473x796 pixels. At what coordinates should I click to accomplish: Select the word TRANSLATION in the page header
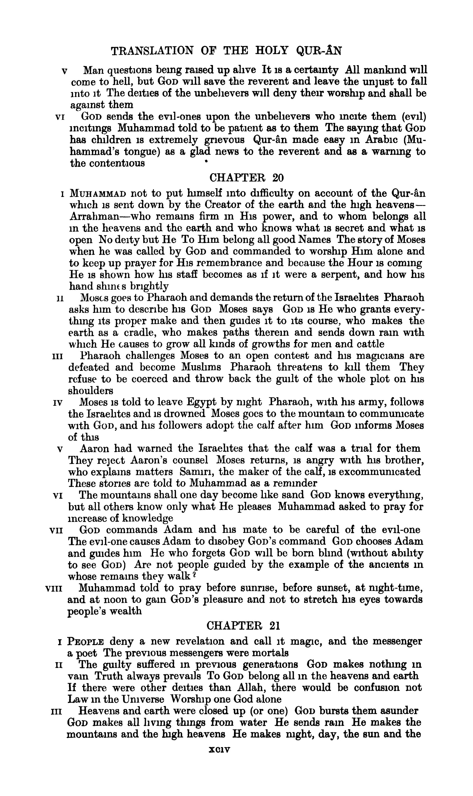152,51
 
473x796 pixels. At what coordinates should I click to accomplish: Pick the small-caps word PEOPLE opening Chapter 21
86,641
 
